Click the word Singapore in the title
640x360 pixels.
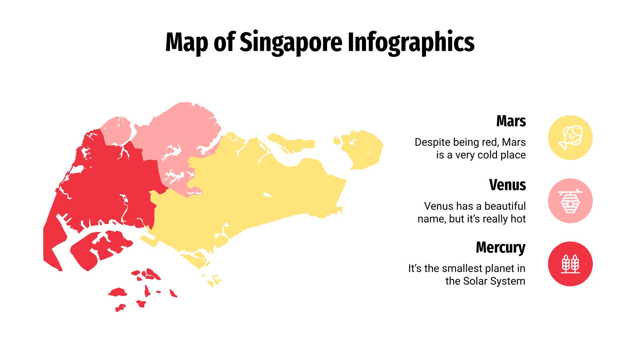[291, 42]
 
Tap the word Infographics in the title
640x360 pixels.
[411, 42]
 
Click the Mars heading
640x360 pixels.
[511, 121]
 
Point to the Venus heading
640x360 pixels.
[507, 185]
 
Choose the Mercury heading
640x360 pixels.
[500, 248]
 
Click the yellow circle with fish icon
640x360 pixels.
[570, 138]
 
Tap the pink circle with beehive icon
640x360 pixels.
[570, 201]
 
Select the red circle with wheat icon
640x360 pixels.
[570, 264]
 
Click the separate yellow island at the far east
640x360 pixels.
[362, 148]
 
